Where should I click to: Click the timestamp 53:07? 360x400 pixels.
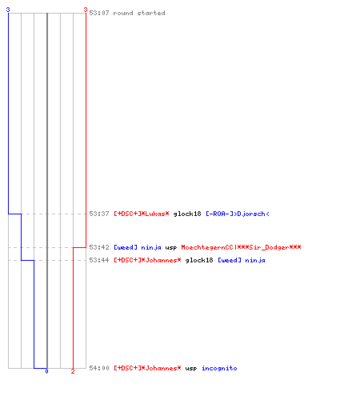pos(99,13)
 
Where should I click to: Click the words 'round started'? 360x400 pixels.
pos(139,13)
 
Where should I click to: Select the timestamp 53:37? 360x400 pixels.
pos(99,214)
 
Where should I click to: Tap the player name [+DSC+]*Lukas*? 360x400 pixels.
pos(142,214)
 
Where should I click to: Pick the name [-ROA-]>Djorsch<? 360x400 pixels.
pos(238,214)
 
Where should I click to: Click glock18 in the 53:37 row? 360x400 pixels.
pos(187,214)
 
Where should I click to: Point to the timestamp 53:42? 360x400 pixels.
pos(99,247)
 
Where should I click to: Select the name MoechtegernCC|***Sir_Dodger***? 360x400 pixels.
pos(241,247)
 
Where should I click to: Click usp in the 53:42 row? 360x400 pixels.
pos(171,248)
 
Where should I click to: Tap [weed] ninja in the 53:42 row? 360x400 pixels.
pos(138,247)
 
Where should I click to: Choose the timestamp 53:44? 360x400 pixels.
pos(99,260)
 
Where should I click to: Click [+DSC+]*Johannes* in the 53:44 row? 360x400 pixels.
pos(147,260)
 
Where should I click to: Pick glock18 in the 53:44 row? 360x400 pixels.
pos(199,260)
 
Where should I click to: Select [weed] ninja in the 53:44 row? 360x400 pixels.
pos(242,260)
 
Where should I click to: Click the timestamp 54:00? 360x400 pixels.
pos(99,368)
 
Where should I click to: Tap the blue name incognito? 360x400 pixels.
pos(219,368)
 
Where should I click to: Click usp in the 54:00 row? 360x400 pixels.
pos(191,369)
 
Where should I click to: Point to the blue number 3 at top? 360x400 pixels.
pos(8,10)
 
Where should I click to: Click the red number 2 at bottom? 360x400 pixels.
pos(73,371)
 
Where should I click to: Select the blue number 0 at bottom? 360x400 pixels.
pos(46,371)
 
